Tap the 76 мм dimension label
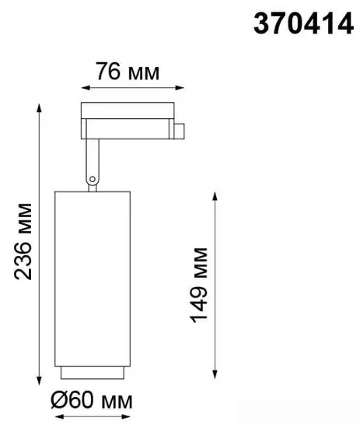point(128,73)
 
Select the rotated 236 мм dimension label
point(25,244)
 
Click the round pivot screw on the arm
point(93,180)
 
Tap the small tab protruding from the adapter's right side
point(178,128)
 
